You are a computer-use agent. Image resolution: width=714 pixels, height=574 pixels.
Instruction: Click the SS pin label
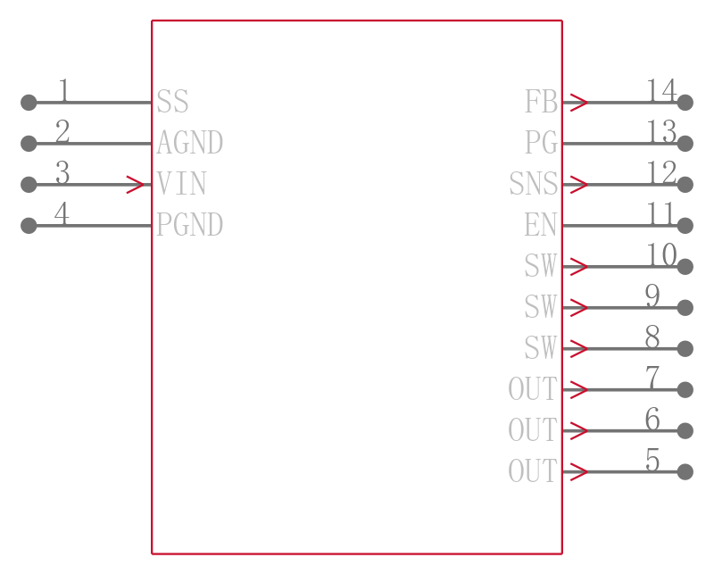172,101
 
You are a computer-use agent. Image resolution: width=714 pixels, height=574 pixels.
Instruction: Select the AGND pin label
189,142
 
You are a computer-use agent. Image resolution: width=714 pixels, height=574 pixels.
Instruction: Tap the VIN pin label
181,183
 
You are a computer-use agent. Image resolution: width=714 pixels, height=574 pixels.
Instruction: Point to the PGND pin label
189,224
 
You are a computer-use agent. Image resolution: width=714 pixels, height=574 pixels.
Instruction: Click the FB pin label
541,101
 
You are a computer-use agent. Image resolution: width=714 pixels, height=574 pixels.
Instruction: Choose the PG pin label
541,142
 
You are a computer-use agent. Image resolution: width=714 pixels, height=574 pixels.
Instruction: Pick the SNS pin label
533,183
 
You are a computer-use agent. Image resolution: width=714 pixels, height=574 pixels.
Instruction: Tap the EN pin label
541,224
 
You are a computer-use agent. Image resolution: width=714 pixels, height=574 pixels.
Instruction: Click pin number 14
661,90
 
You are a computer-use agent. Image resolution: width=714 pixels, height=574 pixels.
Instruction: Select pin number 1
63,90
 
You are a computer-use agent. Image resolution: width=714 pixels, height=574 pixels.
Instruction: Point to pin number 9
652,295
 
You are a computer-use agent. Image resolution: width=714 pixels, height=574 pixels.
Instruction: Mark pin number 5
652,459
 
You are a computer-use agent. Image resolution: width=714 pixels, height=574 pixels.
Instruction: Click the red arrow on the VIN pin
136,185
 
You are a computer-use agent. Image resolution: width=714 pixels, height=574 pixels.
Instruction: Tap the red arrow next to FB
578,103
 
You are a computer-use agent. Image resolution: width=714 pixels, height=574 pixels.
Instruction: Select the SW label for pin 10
541,265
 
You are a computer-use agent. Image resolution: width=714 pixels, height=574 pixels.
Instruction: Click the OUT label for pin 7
533,388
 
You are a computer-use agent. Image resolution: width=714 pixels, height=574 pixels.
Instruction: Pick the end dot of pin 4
29,226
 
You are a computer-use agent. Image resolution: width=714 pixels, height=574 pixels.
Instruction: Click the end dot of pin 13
685,144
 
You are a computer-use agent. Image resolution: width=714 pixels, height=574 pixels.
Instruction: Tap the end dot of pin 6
685,430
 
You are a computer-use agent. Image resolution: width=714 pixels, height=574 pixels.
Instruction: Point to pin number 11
660,213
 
